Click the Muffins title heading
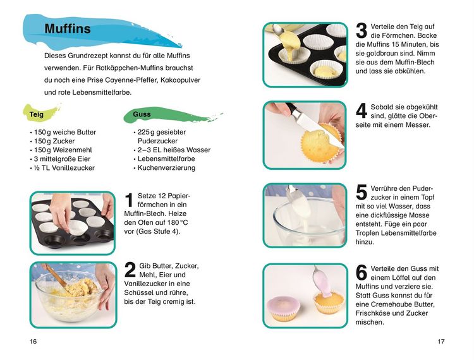(68, 28)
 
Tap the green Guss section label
(142, 114)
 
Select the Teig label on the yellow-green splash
(36, 114)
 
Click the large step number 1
(129, 200)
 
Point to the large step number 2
(130, 270)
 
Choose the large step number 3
(362, 31)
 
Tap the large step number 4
(362, 111)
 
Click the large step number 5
(362, 193)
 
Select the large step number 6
(362, 273)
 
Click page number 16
(33, 341)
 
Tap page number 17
(441, 341)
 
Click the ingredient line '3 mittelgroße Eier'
(62, 159)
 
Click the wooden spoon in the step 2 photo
(56, 277)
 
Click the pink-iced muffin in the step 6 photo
(284, 308)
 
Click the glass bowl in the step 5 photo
(309, 223)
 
